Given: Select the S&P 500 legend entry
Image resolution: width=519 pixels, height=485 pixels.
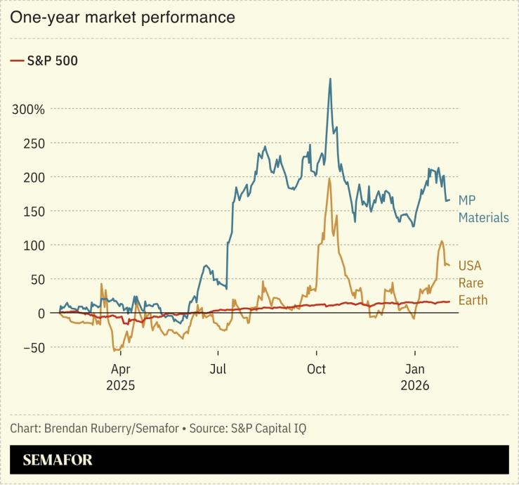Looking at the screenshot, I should coord(44,61).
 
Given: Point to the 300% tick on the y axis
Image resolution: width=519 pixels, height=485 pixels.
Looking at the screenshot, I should coord(28,110).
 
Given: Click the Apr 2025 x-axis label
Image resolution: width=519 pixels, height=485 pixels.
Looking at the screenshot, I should coord(120,377).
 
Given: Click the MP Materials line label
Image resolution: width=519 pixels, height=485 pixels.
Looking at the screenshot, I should coord(483,209).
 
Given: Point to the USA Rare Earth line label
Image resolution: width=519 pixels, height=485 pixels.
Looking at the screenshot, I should coord(473,283).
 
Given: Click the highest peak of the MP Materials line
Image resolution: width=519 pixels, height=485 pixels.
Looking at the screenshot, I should coord(330,79).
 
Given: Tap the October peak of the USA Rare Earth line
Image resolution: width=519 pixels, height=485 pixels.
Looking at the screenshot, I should coord(329,179).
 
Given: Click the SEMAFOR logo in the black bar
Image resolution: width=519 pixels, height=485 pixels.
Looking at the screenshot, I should coord(57,460).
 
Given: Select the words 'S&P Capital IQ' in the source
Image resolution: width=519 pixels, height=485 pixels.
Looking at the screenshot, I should coord(271,428).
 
